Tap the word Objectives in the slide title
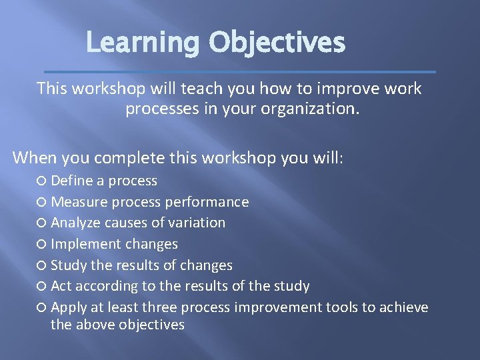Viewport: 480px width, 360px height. click(277, 43)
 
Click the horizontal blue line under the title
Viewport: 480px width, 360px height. click(239, 71)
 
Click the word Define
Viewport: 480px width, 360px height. click(71, 181)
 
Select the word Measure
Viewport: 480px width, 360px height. click(79, 202)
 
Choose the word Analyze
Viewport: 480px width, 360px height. click(76, 223)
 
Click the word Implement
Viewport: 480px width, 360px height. click(85, 244)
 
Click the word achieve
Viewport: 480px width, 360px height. click(403, 307)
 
